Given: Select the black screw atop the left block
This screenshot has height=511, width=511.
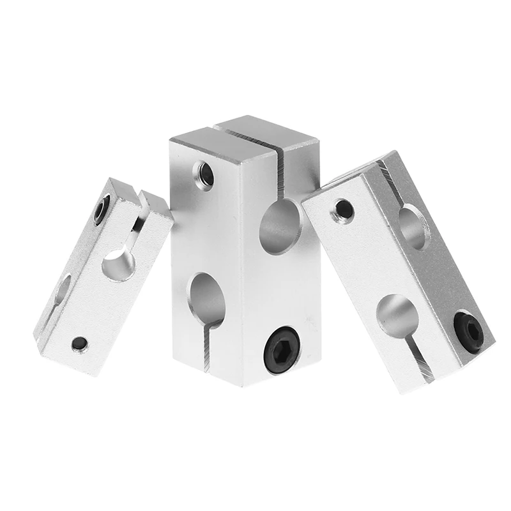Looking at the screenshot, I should point(102,210).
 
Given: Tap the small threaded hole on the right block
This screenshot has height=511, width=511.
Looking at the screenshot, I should point(343,210).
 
